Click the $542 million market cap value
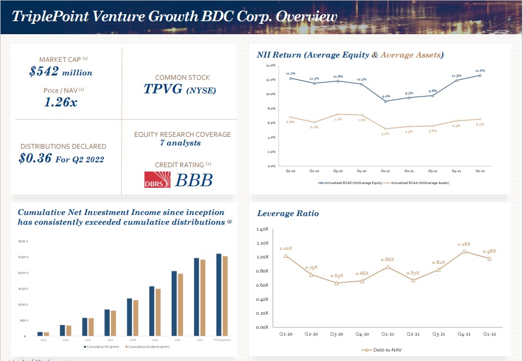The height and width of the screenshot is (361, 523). [60, 72]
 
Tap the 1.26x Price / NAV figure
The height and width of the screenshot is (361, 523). [60, 102]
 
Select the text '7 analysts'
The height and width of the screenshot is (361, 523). [180, 143]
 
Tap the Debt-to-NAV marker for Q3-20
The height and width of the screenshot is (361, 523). [337, 283]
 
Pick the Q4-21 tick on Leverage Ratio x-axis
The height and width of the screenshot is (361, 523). [464, 334]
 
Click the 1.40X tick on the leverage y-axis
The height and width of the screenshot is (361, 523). [262, 230]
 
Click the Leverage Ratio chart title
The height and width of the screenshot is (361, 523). [288, 213]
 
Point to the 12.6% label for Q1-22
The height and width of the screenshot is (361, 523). [480, 70]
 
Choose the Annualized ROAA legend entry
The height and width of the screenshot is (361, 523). [416, 183]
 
